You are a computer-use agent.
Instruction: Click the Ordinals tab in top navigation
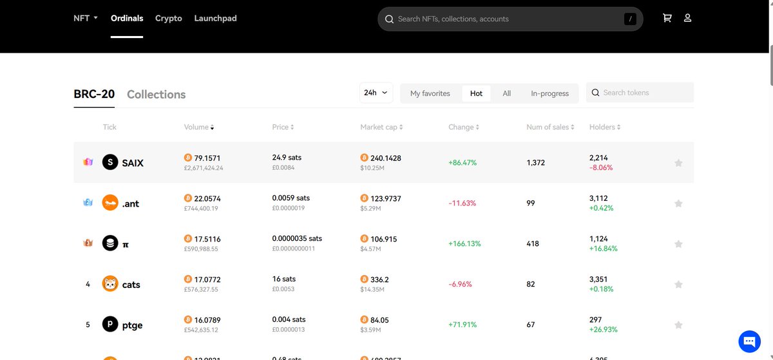[x=127, y=18]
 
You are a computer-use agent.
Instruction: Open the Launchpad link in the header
[x=215, y=18]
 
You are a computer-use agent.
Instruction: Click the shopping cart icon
[x=667, y=18]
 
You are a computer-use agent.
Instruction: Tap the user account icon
[x=687, y=18]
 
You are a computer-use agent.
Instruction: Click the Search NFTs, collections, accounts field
[x=502, y=19]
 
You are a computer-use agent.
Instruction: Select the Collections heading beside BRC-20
[x=156, y=95]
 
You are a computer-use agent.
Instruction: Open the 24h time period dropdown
[x=377, y=93]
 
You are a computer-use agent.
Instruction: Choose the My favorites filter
[x=430, y=93]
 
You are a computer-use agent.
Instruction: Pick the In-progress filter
[x=549, y=93]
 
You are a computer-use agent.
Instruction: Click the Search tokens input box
[x=644, y=93]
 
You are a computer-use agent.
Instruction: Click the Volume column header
[x=198, y=128]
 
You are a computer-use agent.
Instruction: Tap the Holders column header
[x=604, y=128]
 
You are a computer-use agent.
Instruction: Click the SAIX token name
[x=133, y=163]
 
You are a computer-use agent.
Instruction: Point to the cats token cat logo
[x=110, y=284]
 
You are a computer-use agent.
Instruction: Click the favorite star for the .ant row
[x=678, y=204]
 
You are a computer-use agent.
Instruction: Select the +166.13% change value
[x=464, y=244]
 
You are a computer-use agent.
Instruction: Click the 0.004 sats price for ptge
[x=289, y=319]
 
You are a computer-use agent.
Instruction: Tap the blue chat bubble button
[x=749, y=341]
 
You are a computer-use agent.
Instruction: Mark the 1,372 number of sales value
[x=535, y=163]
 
